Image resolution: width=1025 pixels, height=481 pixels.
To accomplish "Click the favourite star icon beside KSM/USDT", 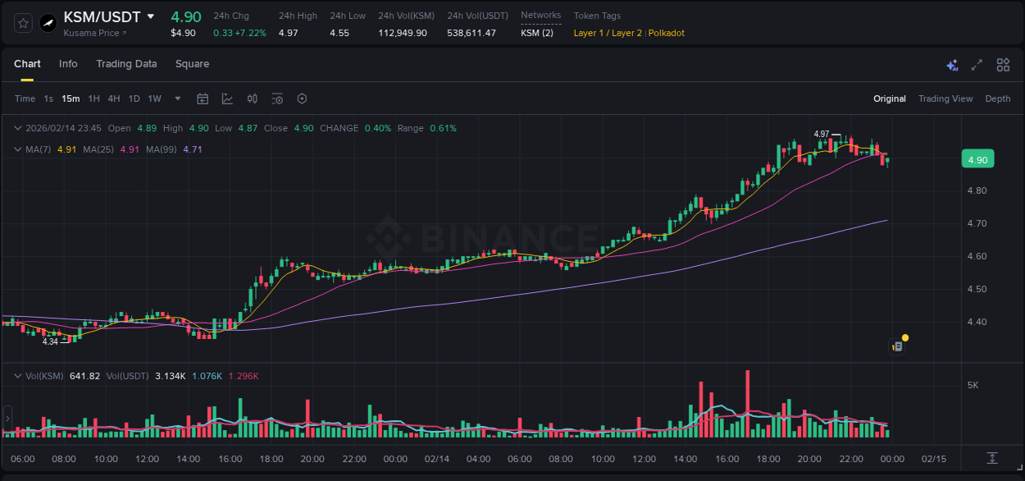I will click(x=24, y=23).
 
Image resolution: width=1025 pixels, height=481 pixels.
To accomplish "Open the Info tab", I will click(x=68, y=64).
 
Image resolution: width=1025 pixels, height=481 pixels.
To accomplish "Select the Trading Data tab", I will click(x=126, y=64).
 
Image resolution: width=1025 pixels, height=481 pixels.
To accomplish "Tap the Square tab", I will click(x=192, y=64).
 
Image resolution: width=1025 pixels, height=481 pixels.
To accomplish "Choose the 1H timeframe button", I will click(x=93, y=98).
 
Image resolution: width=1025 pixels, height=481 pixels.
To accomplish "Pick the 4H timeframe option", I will click(x=113, y=98).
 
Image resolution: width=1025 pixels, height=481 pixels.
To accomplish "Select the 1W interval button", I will click(x=154, y=98).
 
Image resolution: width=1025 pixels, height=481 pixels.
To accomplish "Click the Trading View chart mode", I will click(x=945, y=98).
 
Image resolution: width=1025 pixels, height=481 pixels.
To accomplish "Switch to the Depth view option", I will click(x=998, y=98).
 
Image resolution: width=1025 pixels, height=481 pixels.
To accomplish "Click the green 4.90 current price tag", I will click(x=977, y=160).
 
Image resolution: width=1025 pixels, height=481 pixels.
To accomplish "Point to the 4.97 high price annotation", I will click(x=822, y=134).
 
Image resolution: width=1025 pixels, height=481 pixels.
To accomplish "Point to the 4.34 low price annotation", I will click(x=51, y=341).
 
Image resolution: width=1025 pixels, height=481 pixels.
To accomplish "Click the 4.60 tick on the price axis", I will click(x=977, y=256).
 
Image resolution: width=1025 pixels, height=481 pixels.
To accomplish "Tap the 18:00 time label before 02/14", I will click(x=271, y=459).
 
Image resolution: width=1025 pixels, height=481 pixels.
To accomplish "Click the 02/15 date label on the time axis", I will click(x=934, y=459).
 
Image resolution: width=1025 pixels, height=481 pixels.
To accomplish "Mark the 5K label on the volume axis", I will click(x=973, y=385).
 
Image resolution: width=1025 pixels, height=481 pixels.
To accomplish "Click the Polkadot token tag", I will click(x=667, y=33).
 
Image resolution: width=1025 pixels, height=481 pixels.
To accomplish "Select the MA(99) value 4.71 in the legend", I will click(x=193, y=149).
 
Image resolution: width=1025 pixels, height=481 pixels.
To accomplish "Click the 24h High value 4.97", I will click(x=288, y=33).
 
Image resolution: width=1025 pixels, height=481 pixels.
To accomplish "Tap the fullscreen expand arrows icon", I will click(x=977, y=65).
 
